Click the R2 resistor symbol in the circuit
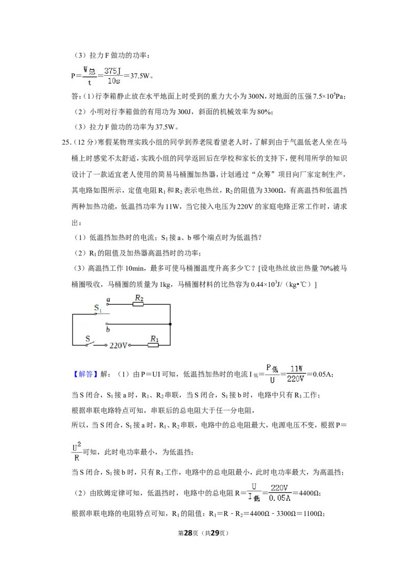(x=138, y=304)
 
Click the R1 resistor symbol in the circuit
(x=153, y=345)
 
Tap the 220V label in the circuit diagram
(x=118, y=345)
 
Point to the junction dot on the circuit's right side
(x=170, y=324)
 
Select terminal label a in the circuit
(x=108, y=299)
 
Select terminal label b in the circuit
(x=108, y=329)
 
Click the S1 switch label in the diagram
(x=98, y=307)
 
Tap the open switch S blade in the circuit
(x=90, y=344)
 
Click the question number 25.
(x=66, y=143)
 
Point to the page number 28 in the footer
(x=188, y=533)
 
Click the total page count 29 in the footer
(x=215, y=533)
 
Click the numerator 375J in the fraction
(x=112, y=71)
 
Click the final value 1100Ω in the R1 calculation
(x=313, y=514)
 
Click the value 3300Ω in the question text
(x=273, y=191)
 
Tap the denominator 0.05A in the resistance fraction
(x=280, y=498)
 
